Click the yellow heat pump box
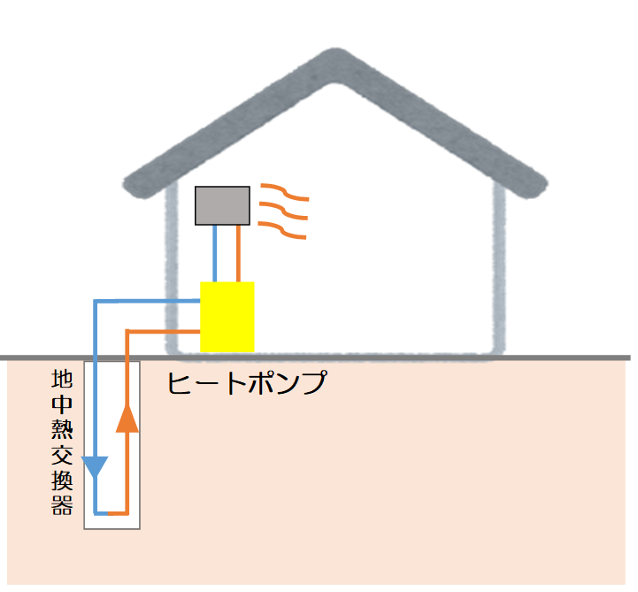tap(227, 316)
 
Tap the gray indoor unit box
tap(222, 205)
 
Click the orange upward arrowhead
tap(128, 418)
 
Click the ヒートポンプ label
tap(247, 384)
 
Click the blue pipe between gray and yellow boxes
tap(215, 253)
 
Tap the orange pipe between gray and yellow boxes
tap(239, 253)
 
